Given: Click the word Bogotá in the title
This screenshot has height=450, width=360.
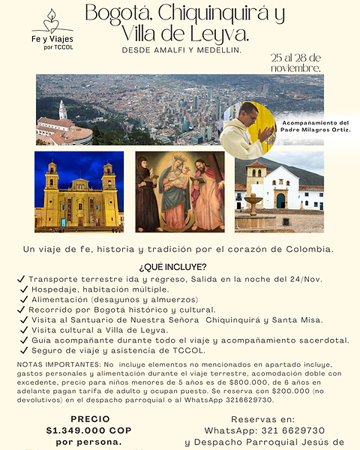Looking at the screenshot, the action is (116, 13).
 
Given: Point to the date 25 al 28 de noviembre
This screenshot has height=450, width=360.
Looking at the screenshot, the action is (296, 62).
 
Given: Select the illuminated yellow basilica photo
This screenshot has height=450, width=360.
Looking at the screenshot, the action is (79, 192).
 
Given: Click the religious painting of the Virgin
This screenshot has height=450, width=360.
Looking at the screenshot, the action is (180, 193).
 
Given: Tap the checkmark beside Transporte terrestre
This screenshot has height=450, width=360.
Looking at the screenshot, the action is (20, 280).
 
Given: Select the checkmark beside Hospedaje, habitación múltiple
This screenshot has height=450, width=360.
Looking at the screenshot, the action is (25, 289).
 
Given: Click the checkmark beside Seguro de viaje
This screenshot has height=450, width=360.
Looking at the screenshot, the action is (25, 350).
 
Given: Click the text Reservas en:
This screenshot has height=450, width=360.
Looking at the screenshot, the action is (262, 419).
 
